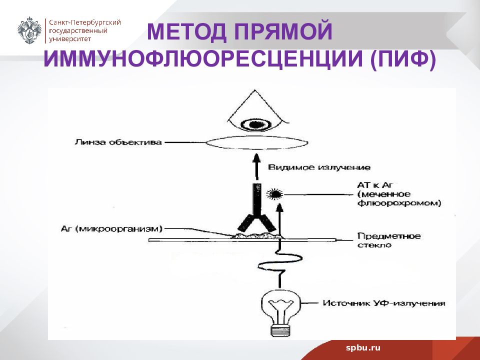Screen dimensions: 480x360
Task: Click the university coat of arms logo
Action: pyautogui.click(x=29, y=30)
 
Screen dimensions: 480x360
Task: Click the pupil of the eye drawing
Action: pyautogui.click(x=256, y=124)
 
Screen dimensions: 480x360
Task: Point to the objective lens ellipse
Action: pyautogui.click(x=257, y=142)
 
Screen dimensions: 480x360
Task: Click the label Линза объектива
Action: pyautogui.click(x=118, y=142)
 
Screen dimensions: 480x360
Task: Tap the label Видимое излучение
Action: pyautogui.click(x=319, y=167)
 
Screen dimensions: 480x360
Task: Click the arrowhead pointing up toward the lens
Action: pyautogui.click(x=256, y=159)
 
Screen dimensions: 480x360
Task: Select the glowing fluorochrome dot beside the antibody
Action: pyautogui.click(x=275, y=194)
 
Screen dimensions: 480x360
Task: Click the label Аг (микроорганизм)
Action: pyautogui.click(x=111, y=229)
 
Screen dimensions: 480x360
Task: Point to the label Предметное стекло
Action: pyautogui.click(x=389, y=240)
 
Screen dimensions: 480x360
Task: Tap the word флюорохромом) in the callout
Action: pyautogui.click(x=399, y=203)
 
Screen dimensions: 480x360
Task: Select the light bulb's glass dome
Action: pyautogui.click(x=281, y=306)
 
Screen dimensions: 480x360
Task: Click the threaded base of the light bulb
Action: pyautogui.click(x=280, y=330)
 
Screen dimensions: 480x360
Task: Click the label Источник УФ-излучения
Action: pyautogui.click(x=384, y=303)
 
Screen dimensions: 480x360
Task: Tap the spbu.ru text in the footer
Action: pyautogui.click(x=363, y=348)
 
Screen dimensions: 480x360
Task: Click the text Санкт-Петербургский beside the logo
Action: pyautogui.click(x=85, y=22)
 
